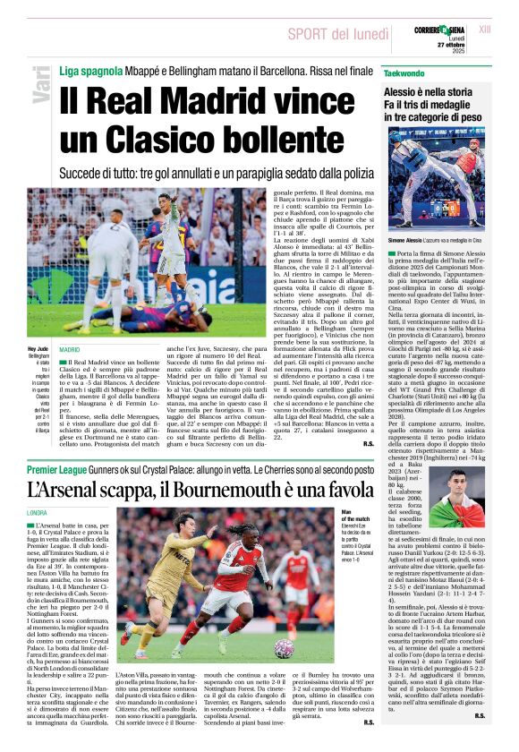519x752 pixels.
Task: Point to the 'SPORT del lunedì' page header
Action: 337,34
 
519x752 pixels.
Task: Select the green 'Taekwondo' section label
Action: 404,72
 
